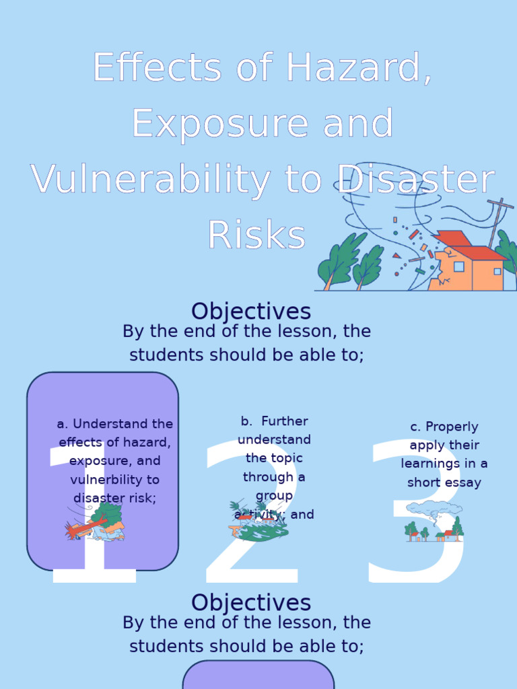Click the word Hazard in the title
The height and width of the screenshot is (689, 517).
354,68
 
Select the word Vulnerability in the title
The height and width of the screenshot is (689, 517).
149,180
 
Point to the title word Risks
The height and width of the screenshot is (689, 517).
256,235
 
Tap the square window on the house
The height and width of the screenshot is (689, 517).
459,266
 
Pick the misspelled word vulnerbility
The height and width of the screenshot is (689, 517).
114,480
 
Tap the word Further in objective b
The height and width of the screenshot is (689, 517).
284,421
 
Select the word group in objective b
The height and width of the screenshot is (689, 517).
274,496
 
